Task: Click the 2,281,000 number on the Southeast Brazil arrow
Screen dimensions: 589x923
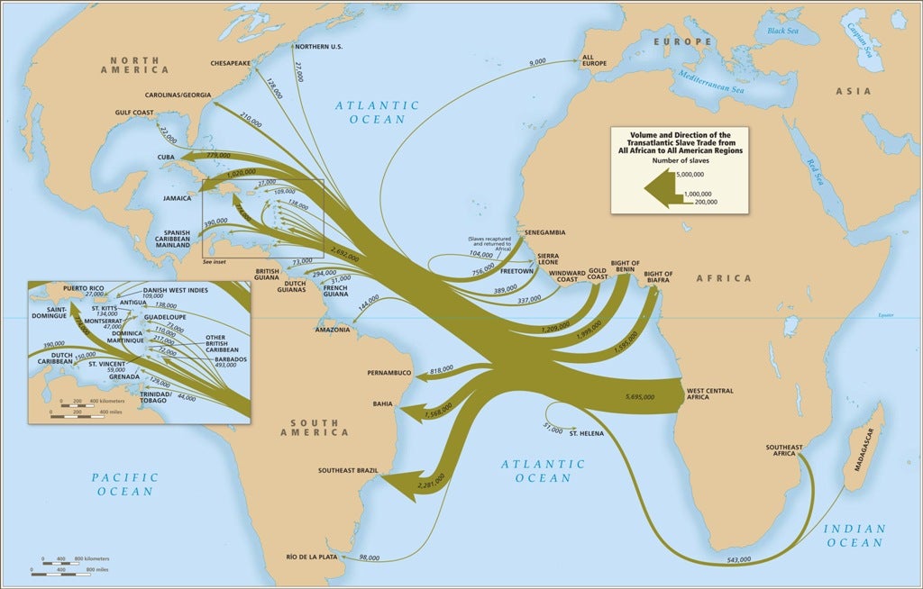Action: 432,484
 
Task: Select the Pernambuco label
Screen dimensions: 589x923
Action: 388,372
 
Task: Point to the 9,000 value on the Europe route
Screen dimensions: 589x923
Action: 537,62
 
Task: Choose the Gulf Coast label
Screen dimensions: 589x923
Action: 136,113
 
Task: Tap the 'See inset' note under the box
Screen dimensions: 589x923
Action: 215,262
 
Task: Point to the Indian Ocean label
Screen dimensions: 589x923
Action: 853,536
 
